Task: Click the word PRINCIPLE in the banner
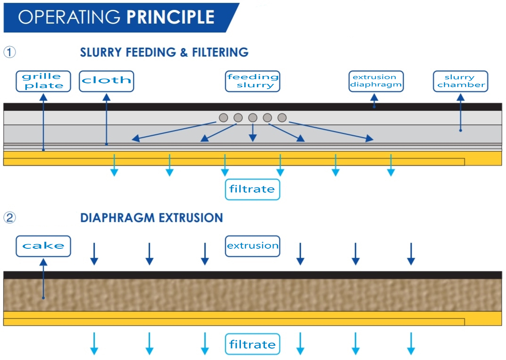(170, 17)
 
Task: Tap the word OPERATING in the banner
(69, 17)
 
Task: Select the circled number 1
(10, 52)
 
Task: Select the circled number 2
(10, 217)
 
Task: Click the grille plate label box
(43, 82)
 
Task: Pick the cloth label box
(107, 82)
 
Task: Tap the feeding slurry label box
(252, 82)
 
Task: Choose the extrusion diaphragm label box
(376, 82)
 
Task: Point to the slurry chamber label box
(461, 82)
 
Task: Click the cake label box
(43, 246)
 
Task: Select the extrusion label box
(252, 246)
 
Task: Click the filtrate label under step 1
(252, 189)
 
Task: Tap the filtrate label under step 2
(252, 344)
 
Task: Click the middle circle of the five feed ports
(253, 118)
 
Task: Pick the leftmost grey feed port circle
(224, 118)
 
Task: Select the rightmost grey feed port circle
(282, 118)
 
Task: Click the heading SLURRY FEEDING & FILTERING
(164, 52)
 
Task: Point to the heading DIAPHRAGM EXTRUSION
(152, 218)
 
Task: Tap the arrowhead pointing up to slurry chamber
(461, 97)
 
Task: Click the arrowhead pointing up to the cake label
(43, 262)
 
